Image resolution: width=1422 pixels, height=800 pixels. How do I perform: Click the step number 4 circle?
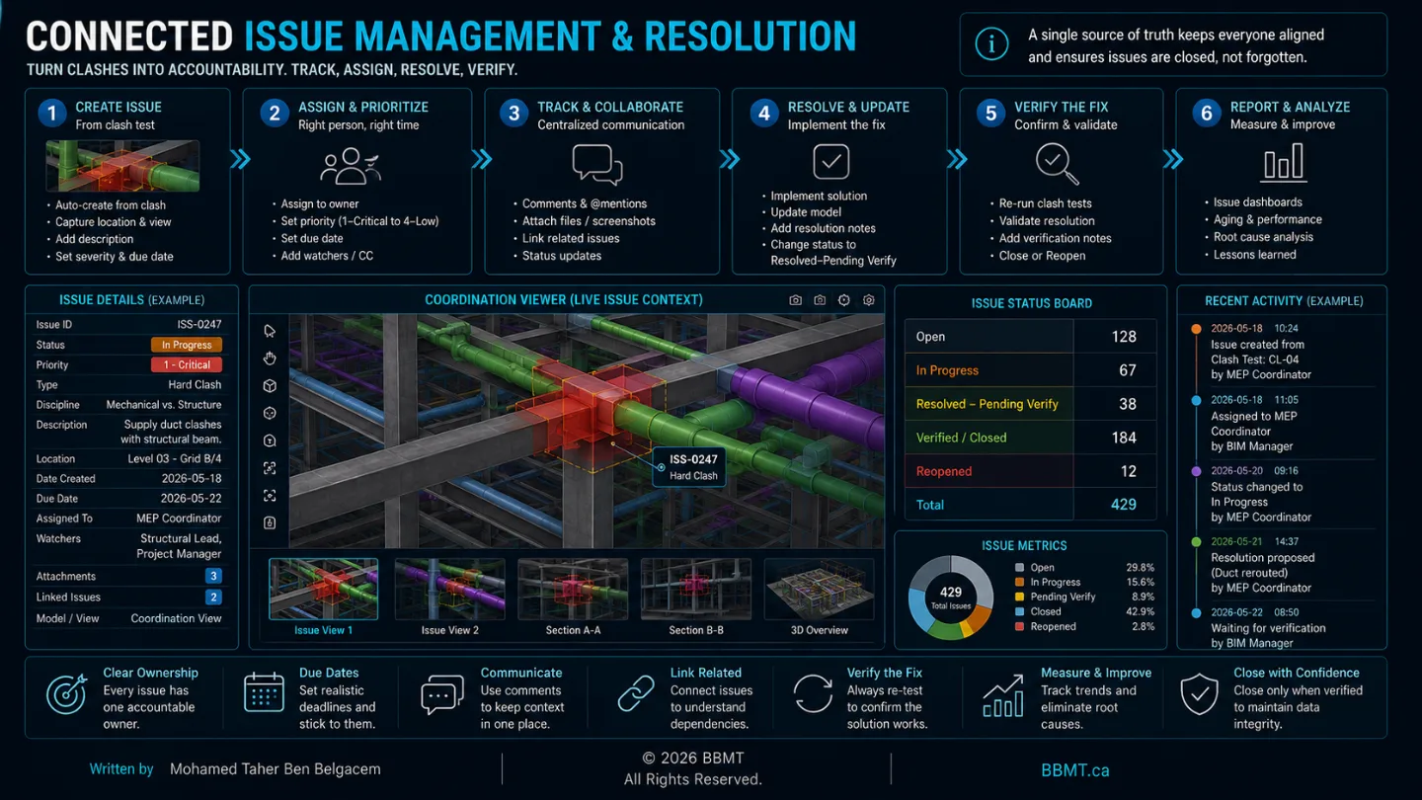763,114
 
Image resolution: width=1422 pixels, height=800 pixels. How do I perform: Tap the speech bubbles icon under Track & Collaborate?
597,164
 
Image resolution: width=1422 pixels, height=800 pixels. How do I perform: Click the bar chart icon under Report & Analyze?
1284,163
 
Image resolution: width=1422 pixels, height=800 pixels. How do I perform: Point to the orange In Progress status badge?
186,345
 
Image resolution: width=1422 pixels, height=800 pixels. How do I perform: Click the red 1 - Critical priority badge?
186,365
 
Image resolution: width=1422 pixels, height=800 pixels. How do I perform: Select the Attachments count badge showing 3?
213,576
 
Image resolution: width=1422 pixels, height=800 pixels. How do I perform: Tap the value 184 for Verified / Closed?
1124,438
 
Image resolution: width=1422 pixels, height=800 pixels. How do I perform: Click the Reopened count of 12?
1128,471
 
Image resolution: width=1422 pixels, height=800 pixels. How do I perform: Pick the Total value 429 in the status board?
1123,505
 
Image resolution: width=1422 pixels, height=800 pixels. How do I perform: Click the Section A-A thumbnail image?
573,590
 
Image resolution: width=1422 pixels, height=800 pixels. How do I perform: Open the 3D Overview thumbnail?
819,590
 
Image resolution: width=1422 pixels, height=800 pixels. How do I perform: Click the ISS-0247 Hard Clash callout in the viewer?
689,467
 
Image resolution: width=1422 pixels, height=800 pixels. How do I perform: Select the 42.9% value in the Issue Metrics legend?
1140,611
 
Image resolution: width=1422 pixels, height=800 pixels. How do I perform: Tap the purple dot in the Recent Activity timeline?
1196,471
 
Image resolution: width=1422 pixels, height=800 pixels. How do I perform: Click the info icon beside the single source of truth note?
991,44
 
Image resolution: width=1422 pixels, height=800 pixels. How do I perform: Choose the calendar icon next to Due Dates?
264,692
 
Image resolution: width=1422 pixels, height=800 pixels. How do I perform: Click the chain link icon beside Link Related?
636,692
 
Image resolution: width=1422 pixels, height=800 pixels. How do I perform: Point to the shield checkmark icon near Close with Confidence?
1199,694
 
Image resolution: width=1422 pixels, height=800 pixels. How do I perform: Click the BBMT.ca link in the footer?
1074,770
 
